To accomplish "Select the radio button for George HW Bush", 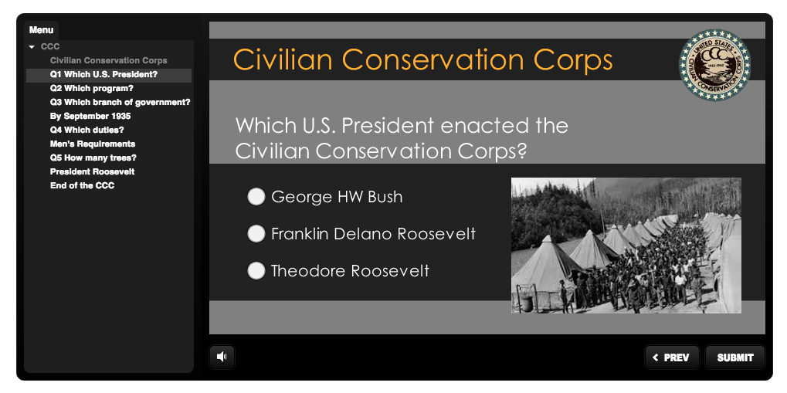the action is (x=256, y=196).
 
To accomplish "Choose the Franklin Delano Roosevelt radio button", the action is (x=256, y=233).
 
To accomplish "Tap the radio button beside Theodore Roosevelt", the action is (x=256, y=271).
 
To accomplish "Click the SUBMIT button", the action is (x=735, y=357).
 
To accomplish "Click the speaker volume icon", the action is (x=222, y=357).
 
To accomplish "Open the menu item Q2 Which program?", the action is (x=92, y=89).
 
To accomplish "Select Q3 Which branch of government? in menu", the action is (x=120, y=103).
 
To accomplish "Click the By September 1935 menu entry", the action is (x=90, y=117).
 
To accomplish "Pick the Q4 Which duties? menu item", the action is (x=87, y=130).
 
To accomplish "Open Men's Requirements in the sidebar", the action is (x=93, y=144).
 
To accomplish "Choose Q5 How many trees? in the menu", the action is (x=93, y=158).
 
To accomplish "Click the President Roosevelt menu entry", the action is (x=93, y=171).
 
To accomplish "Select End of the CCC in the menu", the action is (x=83, y=186).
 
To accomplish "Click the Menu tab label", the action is (x=41, y=30).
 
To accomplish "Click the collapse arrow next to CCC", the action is (x=32, y=47).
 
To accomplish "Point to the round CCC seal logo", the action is (x=714, y=65).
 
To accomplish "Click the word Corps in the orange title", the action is (x=573, y=60).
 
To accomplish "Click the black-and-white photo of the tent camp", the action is (x=626, y=246).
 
